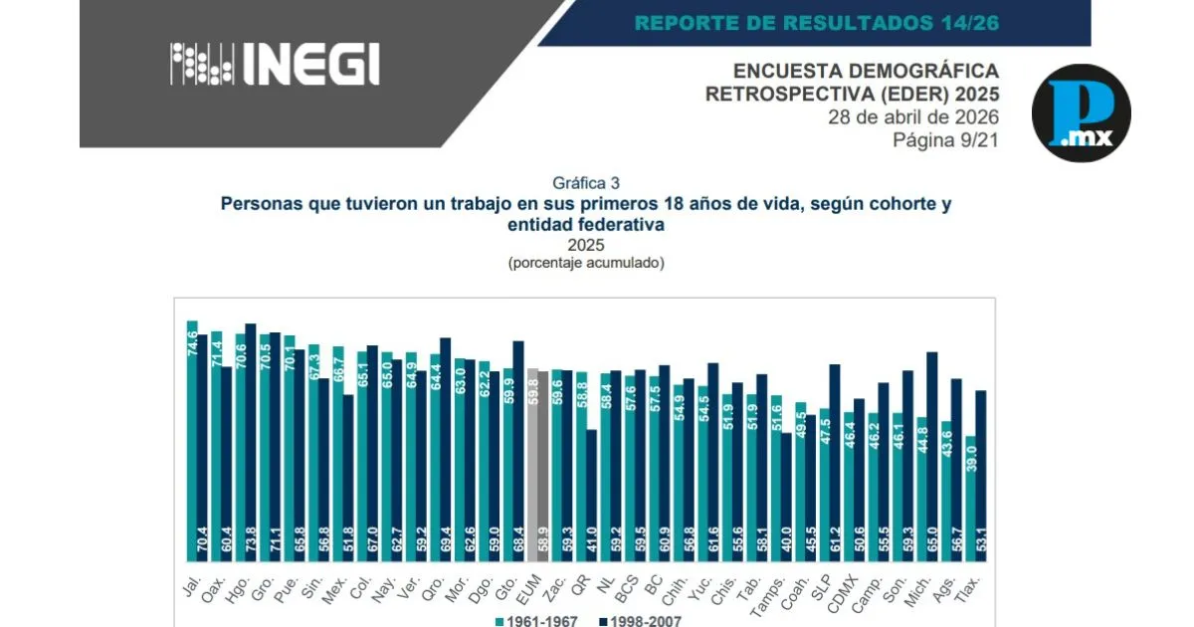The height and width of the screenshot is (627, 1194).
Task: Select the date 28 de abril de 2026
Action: coord(913,117)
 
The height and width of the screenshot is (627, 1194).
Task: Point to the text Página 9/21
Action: coord(946,140)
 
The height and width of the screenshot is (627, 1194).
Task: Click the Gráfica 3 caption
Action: coord(586,182)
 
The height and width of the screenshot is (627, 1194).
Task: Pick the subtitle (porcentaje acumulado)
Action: coord(585,263)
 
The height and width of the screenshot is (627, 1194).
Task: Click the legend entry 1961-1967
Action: coord(537,621)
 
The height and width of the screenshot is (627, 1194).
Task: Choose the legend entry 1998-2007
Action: coord(642,621)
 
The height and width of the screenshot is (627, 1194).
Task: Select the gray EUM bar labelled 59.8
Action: coord(532,467)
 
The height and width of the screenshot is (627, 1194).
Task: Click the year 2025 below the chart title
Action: coord(585,245)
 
